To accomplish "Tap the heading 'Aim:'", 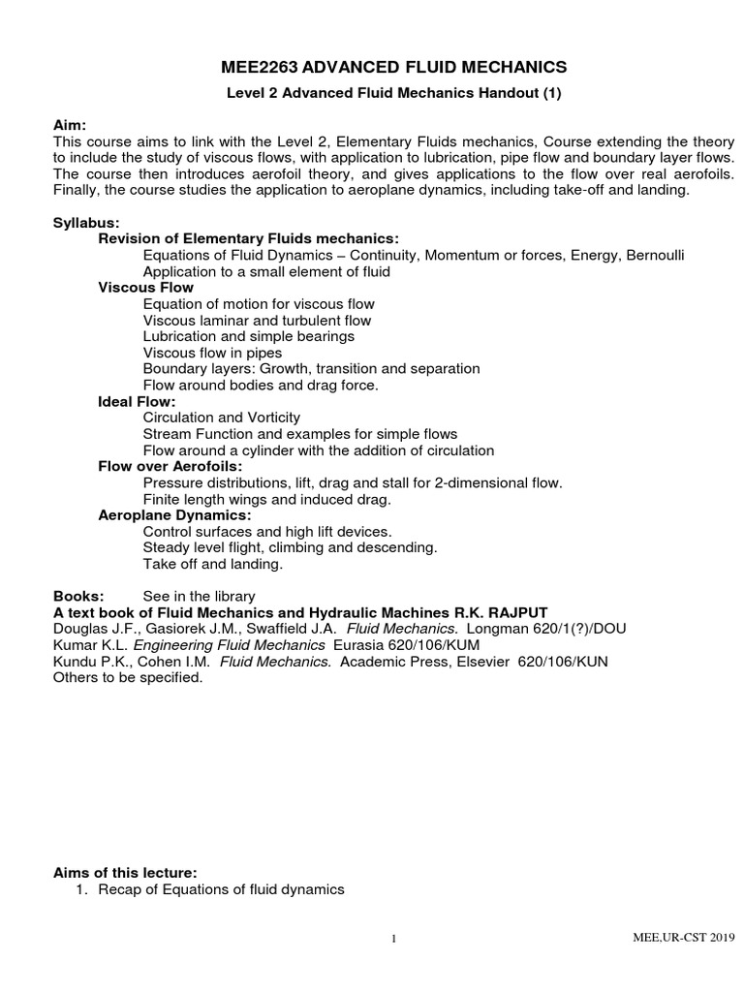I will click(70, 127).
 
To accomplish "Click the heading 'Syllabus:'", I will click(86, 223).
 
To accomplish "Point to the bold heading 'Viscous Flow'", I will click(145, 288).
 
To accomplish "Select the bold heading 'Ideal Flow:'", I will click(137, 401).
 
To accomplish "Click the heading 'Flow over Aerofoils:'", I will click(169, 466).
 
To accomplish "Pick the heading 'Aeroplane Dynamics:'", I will click(174, 515).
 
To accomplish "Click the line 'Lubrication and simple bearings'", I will click(248, 336).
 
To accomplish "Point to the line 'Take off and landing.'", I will click(212, 564).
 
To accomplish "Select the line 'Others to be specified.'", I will click(128, 678).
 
